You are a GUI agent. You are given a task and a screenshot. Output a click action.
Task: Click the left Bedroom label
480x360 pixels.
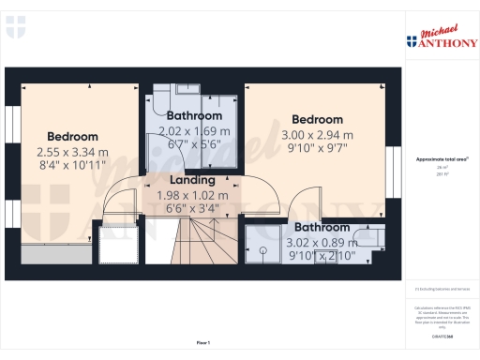pyautogui.click(x=72, y=136)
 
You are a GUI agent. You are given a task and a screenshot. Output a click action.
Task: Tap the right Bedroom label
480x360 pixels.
pyautogui.click(x=316, y=119)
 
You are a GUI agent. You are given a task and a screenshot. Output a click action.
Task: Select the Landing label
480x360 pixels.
pyautogui.click(x=192, y=180)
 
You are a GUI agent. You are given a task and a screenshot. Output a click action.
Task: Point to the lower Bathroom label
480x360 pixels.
pyautogui.click(x=322, y=228)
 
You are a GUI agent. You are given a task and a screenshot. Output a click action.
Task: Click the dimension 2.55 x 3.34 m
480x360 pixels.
pyautogui.click(x=72, y=152)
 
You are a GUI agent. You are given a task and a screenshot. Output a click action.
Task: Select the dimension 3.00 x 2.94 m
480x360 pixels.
pyautogui.click(x=316, y=135)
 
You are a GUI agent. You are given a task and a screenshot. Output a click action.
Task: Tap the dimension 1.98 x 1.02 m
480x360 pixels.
pyautogui.click(x=192, y=195)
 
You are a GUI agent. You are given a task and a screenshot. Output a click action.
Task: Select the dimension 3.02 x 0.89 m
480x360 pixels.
pyautogui.click(x=322, y=243)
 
